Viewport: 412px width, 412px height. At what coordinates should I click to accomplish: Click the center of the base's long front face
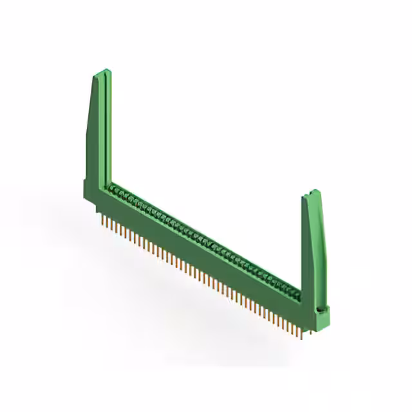coord(200,254)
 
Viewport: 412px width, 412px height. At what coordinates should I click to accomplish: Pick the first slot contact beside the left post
coord(115,188)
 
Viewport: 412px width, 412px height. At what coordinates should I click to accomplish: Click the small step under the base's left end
coord(97,209)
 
